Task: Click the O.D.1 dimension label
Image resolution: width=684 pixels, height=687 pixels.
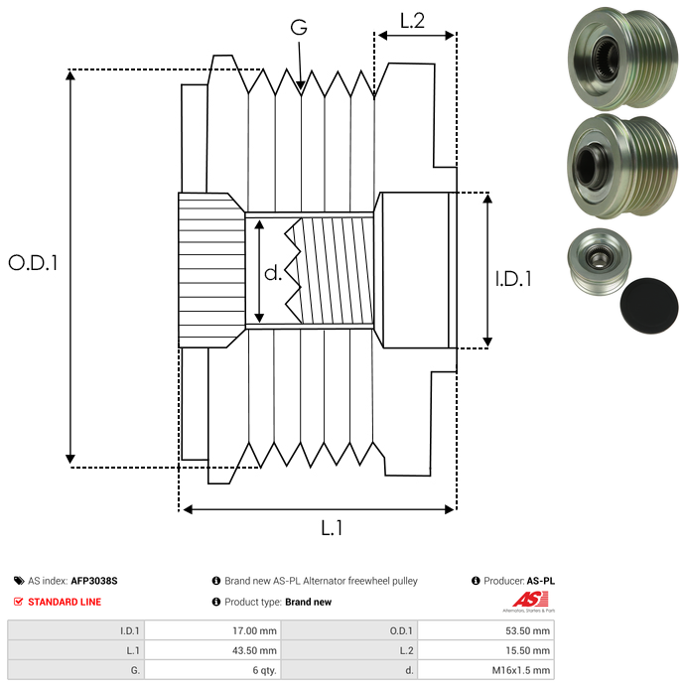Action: (x=34, y=263)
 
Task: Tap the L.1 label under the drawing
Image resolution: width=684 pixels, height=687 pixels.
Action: (x=331, y=528)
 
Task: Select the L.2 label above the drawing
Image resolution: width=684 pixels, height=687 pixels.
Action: (x=412, y=20)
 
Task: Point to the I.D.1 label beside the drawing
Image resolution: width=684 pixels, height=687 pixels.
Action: (x=513, y=280)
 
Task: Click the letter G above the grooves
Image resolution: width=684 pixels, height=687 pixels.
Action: (x=299, y=28)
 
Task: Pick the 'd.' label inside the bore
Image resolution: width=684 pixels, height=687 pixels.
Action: (x=273, y=273)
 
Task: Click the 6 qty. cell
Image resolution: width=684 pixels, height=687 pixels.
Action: (x=264, y=670)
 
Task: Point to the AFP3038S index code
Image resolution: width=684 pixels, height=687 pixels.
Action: (x=100, y=581)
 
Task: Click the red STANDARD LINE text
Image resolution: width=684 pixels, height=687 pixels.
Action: (x=65, y=602)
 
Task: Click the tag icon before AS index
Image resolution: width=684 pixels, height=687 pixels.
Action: (x=19, y=581)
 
